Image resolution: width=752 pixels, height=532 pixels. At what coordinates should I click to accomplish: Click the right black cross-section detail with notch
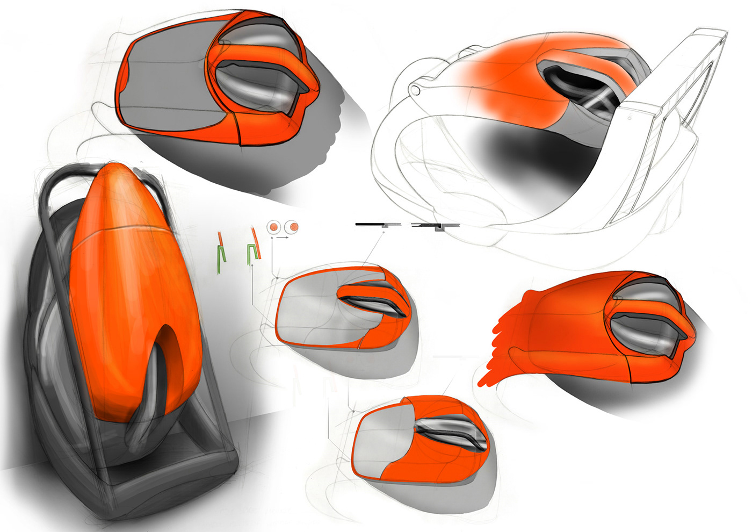[x=435, y=226]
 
